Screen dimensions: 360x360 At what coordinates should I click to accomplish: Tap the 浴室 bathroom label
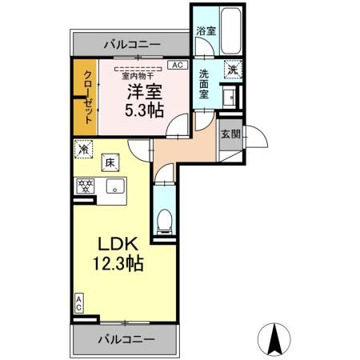[x=206, y=31]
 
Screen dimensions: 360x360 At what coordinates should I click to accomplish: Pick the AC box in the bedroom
[x=178, y=65]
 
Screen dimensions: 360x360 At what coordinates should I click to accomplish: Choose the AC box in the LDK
[x=79, y=302]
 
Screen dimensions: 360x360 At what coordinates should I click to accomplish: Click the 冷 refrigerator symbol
[x=84, y=148]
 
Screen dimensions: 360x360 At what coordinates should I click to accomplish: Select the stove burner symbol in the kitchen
[x=83, y=186]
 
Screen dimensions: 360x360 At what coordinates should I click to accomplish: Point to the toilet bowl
[x=164, y=218]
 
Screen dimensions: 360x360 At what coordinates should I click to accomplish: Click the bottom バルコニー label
[x=126, y=340]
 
